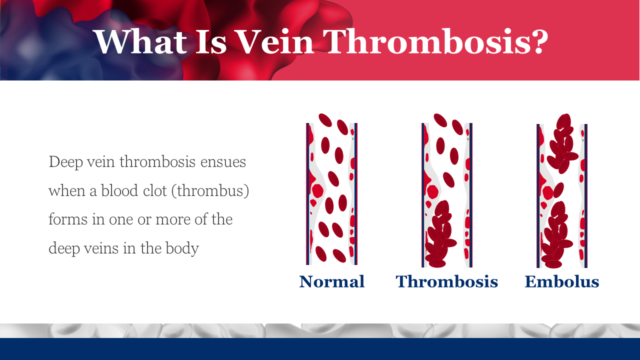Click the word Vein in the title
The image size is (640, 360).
pyautogui.click(x=275, y=41)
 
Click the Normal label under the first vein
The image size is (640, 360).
pyautogui.click(x=331, y=281)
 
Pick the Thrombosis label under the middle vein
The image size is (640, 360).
pyautogui.click(x=447, y=281)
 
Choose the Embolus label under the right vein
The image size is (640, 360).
pyautogui.click(x=561, y=281)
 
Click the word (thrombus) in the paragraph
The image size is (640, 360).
pyautogui.click(x=210, y=191)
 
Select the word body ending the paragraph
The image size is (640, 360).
pyautogui.click(x=182, y=248)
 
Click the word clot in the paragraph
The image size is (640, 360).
pyautogui.click(x=155, y=190)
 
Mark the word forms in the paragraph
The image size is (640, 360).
pyautogui.click(x=68, y=219)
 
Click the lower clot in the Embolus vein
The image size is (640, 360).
pyautogui.click(x=556, y=235)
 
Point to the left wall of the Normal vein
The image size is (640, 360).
pyautogui.click(x=307, y=193)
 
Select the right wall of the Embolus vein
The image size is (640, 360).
pyautogui.click(x=585, y=195)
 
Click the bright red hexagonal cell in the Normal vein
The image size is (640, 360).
pyautogui.click(x=317, y=191)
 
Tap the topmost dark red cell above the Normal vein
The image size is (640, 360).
pyautogui.click(x=325, y=120)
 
